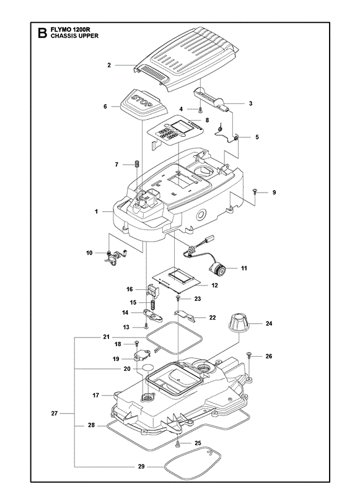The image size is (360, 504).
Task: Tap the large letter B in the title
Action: pos(42,33)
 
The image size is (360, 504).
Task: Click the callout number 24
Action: pos(269,323)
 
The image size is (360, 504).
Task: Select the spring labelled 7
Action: pos(136,163)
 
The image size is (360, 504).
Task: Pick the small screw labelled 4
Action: pos(200,110)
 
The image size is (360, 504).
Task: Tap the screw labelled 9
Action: pos(255,191)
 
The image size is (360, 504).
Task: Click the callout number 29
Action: pos(141,467)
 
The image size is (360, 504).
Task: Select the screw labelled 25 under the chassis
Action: pos(178,445)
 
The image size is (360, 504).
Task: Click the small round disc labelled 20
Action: pos(147,368)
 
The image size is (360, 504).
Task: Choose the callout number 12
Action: pos(214,285)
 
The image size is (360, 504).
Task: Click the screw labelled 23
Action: pos(178,298)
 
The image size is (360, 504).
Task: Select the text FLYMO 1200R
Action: pos(70,29)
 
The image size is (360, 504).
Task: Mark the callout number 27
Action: pos(54,414)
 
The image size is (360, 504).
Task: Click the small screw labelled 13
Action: pos(146,326)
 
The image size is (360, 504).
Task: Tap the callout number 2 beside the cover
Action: pos(109,65)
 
